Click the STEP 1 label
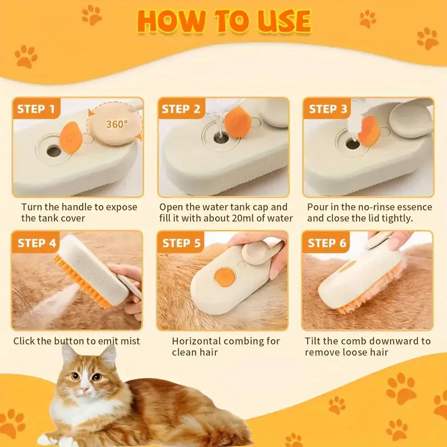point(36,109)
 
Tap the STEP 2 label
point(181,109)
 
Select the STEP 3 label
point(329,109)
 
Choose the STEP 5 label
point(181,242)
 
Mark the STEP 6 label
point(327,242)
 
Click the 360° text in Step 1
point(117,124)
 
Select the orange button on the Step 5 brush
point(224,275)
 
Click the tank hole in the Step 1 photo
point(54,150)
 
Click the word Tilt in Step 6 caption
point(313,341)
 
